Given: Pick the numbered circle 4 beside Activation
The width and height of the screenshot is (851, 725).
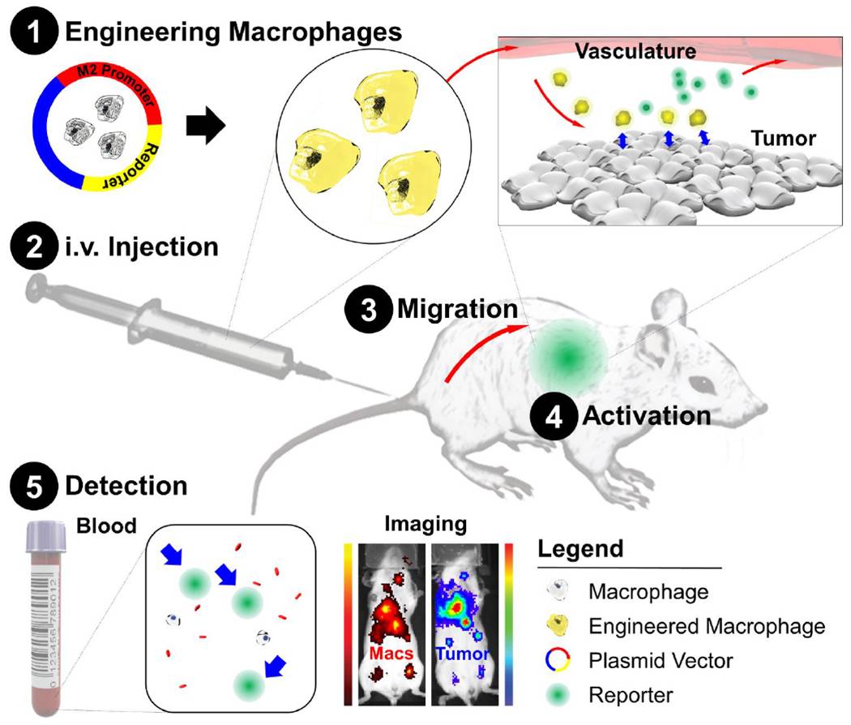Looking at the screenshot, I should [552, 415].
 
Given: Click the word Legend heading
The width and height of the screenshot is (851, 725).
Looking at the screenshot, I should [580, 550].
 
